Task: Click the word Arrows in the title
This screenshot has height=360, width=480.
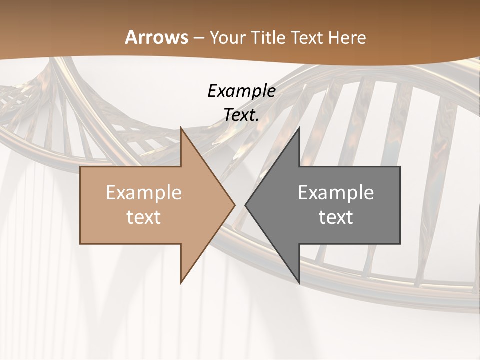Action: point(156,37)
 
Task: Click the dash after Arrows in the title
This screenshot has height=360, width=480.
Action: point(198,38)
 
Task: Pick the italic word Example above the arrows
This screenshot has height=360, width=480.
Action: point(241,91)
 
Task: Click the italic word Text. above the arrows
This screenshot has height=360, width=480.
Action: point(241,115)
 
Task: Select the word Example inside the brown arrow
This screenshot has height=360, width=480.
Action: point(144,193)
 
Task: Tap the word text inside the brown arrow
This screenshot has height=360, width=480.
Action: point(144,217)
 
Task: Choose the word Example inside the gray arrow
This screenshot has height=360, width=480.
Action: point(336,193)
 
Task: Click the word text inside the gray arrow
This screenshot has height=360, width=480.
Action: point(336,217)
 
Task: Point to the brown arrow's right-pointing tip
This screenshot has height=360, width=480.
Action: point(234,205)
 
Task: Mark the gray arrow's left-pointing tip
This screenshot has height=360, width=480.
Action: point(246,205)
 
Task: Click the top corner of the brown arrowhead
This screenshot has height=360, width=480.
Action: point(181,127)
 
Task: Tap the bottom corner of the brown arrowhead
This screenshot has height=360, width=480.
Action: point(181,283)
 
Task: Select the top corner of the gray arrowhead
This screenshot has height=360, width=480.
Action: point(299,127)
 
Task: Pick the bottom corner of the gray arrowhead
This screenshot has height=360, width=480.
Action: point(299,283)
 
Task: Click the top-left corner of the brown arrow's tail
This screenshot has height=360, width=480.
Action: point(80,167)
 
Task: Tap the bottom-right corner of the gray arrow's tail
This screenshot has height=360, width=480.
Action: point(400,244)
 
